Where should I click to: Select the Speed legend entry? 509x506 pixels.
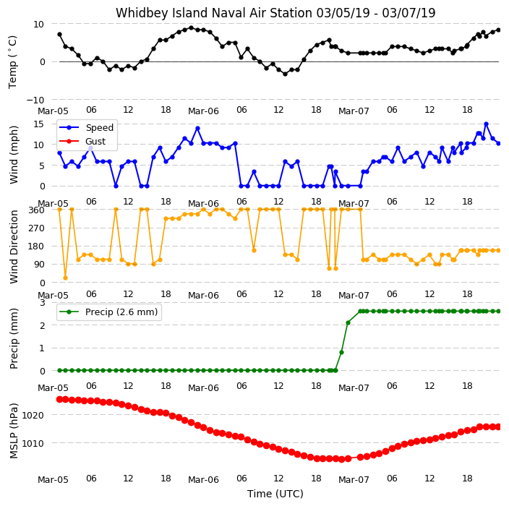86,127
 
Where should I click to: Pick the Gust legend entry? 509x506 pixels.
82,141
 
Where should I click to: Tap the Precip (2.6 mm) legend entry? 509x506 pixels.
108,312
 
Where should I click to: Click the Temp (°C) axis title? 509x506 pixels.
12,62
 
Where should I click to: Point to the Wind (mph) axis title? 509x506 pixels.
14,155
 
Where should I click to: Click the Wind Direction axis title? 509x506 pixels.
14,246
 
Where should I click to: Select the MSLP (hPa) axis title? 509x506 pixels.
14,431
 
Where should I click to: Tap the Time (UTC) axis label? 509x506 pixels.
275,494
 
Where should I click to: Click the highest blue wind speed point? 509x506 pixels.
486,124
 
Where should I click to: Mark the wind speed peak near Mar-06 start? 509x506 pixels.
197,128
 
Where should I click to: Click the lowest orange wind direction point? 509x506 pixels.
65,278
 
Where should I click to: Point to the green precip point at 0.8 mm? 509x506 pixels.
341,352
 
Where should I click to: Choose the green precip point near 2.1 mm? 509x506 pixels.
348,322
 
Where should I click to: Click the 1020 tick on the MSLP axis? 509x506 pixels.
33,415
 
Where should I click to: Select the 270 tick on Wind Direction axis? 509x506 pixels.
36,228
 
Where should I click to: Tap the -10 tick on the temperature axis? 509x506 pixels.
35,100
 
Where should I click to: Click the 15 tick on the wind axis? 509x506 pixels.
39,124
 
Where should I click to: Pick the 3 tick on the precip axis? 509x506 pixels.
42,302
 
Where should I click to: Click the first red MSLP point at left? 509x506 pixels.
60,399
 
